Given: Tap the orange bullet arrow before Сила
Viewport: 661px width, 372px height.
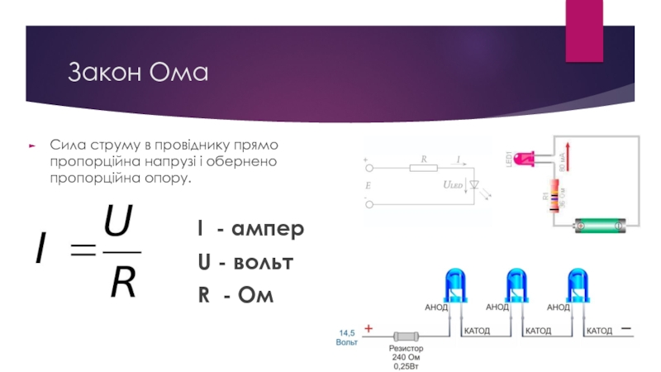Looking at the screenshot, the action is pos(31,144).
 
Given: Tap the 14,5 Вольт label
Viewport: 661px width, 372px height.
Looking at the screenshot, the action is pos(346,336).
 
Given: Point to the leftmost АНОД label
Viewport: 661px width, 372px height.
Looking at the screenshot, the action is pos(436,307).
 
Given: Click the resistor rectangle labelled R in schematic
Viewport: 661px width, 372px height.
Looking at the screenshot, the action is pos(423,167).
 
